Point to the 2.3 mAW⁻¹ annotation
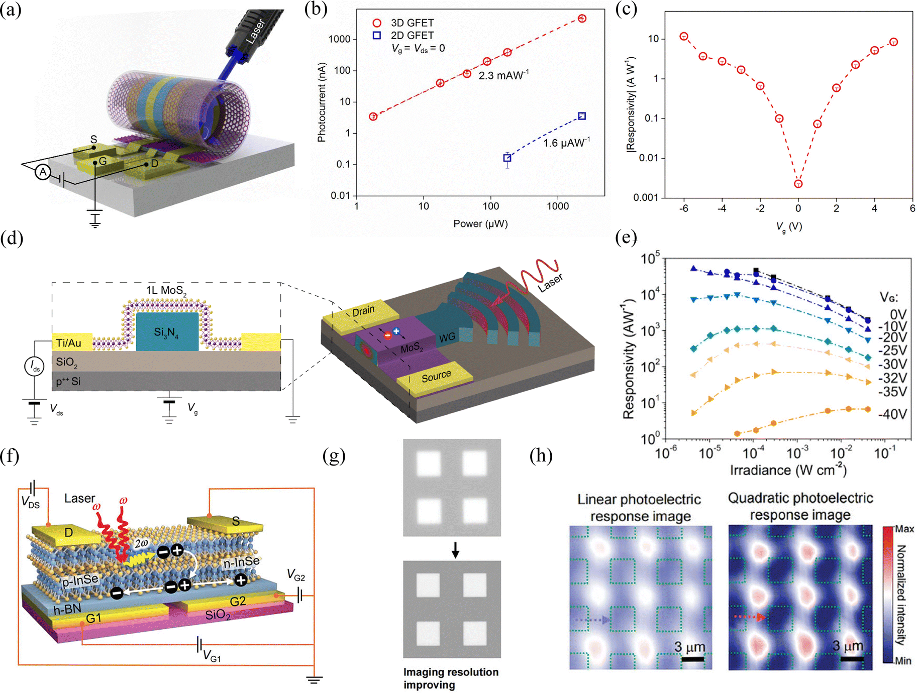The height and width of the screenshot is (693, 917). click(503, 76)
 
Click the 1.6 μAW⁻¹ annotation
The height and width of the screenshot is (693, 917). click(566, 143)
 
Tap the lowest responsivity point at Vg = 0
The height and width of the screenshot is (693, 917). click(798, 184)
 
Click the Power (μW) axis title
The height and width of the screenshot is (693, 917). click(480, 224)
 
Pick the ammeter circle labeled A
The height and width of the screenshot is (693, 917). click(43, 172)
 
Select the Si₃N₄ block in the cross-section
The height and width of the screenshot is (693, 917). click(167, 332)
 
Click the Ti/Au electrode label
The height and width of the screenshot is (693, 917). click(69, 343)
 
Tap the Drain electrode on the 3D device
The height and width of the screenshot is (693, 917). click(363, 311)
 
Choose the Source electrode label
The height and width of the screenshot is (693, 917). click(436, 376)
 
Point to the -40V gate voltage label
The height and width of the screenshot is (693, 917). click(892, 414)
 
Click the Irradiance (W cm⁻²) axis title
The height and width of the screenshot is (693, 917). click(788, 470)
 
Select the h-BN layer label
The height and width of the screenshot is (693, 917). click(67, 610)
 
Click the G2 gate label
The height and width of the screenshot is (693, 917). click(238, 601)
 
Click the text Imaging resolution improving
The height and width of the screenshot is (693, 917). click(451, 678)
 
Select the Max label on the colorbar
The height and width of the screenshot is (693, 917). click(904, 529)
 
